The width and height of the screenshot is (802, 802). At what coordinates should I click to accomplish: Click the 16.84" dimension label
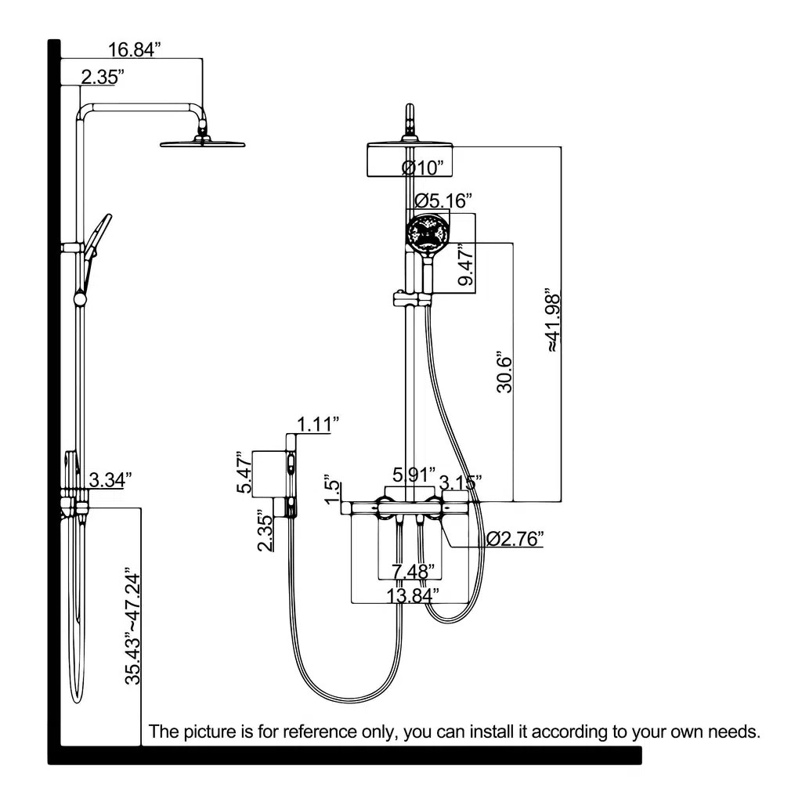click(134, 49)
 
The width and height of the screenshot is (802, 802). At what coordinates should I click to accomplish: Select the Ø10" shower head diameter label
click(422, 168)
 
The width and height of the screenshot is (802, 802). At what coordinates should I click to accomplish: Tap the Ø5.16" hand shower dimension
click(443, 200)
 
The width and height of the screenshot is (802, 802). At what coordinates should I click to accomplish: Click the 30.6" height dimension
click(504, 371)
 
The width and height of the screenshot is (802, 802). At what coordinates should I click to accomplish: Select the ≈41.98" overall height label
click(553, 320)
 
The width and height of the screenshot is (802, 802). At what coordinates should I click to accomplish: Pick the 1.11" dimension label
click(318, 424)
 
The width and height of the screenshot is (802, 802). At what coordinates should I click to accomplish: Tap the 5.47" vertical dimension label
click(244, 472)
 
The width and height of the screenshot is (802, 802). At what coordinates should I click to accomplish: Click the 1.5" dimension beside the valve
click(332, 491)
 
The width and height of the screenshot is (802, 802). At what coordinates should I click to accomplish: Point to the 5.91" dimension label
click(414, 475)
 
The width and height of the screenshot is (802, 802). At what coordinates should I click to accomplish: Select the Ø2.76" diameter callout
click(514, 539)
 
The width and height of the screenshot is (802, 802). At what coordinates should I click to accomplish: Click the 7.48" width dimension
click(413, 571)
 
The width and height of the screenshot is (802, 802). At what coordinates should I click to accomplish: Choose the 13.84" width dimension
click(412, 595)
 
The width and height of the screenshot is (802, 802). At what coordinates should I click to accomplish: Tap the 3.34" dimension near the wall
click(110, 480)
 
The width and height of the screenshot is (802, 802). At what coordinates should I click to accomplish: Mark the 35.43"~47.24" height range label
click(132, 626)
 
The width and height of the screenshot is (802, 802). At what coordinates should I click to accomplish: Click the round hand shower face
click(428, 233)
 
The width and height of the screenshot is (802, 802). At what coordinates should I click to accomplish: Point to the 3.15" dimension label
click(461, 482)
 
